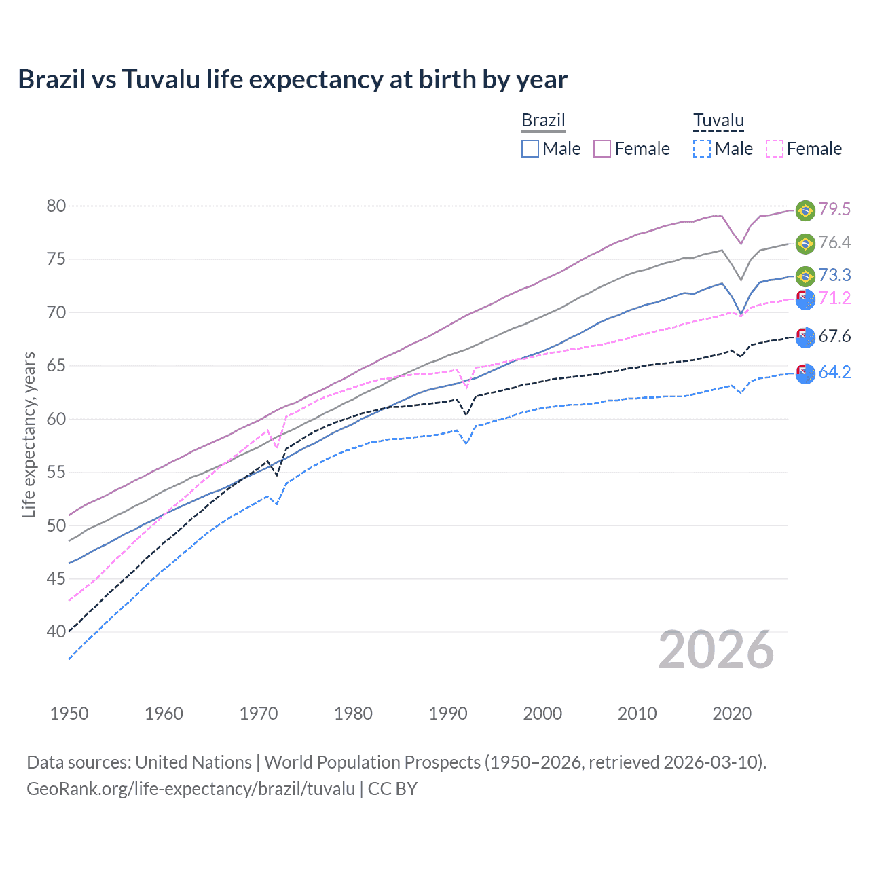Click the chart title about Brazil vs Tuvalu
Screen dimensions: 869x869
coord(293,79)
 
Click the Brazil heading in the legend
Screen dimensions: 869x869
coord(543,120)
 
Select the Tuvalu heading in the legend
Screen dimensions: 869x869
coord(718,120)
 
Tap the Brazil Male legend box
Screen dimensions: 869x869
coord(530,149)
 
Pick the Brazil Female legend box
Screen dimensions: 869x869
coord(602,149)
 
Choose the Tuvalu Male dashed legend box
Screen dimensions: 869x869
coord(702,149)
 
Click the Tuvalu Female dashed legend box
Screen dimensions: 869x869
coord(775,149)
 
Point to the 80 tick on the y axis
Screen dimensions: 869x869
coord(56,206)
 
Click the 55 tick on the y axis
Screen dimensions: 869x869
coord(56,473)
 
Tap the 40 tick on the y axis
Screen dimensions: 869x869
coord(56,632)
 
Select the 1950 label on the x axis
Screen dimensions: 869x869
coord(69,714)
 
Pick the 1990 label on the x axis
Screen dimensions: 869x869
coord(448,714)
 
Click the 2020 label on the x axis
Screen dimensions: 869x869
coord(732,714)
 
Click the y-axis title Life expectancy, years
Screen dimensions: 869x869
coord(29,434)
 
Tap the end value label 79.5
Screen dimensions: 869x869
coord(834,209)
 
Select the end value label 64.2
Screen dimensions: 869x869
coord(834,372)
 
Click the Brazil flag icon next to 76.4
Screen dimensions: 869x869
coord(805,243)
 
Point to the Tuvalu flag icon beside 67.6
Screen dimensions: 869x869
coord(805,337)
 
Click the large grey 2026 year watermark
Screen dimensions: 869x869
coord(716,650)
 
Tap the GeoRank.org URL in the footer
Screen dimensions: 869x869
coord(191,789)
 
